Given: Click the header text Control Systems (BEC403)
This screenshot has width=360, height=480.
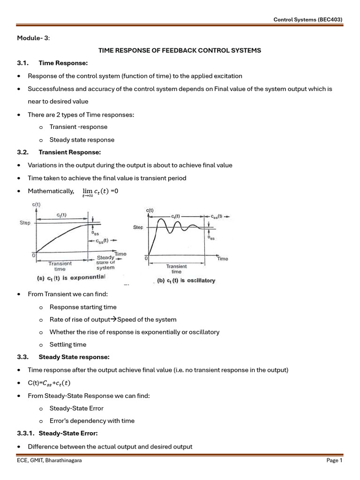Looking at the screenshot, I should coord(308,19).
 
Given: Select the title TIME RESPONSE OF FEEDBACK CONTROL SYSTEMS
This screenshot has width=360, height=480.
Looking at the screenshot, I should coord(179,50).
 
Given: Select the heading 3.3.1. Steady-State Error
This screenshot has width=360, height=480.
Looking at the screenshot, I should coord(57,434).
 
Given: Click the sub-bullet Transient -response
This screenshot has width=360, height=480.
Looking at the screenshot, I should coord(78,127).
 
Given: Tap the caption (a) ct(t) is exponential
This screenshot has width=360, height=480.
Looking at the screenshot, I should coord(72,277).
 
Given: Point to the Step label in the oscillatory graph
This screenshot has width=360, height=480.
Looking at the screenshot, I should coord(138,227).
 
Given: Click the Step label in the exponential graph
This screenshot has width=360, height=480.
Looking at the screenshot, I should coord(25,223).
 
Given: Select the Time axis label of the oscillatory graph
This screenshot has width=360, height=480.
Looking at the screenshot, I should coord(223,259).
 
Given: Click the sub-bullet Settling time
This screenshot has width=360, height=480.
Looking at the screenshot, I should coord(68,345).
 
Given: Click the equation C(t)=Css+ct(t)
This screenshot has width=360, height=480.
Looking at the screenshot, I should coord(49,382).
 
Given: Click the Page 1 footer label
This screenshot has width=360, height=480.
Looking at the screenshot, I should coord(334,461).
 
